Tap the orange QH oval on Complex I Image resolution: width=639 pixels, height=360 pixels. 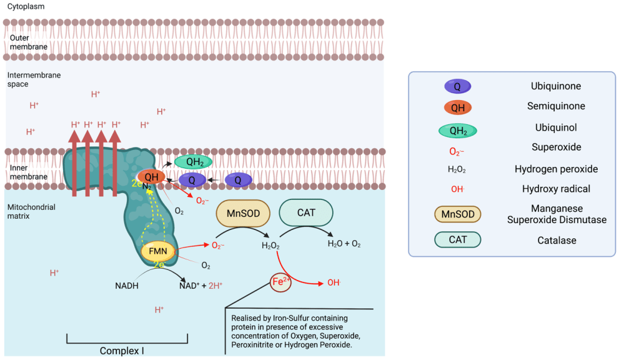151,177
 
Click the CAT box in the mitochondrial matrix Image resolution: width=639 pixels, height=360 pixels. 306,212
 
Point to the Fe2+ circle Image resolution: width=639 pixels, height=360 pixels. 281,282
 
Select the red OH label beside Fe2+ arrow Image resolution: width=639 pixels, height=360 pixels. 334,282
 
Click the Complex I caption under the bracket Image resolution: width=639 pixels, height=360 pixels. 122,351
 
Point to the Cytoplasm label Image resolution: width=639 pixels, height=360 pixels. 26,6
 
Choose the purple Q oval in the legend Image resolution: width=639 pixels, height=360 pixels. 457,87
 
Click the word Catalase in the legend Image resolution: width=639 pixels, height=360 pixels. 556,240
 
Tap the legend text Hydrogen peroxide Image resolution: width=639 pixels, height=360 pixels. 556,169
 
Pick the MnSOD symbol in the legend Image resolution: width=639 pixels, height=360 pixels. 457,214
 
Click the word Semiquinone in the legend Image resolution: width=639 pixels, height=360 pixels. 556,106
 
